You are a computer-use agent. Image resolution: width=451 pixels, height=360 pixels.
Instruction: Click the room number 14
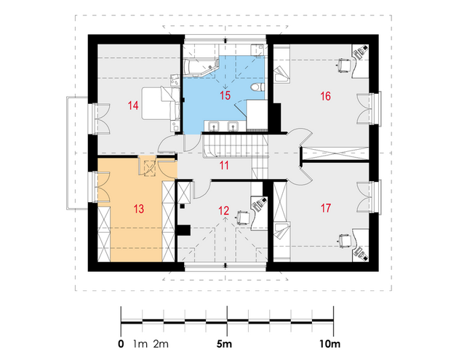point(133,105)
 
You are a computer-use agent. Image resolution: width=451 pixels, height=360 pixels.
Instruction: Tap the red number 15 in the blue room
point(225,95)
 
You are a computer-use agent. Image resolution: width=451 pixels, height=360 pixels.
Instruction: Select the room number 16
point(326,96)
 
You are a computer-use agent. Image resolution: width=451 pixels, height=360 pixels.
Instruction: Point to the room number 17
point(326,208)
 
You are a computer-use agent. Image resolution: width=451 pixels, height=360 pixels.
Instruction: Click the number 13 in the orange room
point(139,209)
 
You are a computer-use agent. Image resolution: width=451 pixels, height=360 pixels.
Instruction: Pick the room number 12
point(224,211)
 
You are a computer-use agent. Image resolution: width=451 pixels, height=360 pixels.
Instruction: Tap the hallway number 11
point(224,165)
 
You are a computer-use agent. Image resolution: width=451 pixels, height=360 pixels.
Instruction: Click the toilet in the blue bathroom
point(258,87)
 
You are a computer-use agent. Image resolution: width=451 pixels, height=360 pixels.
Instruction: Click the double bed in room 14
point(161,103)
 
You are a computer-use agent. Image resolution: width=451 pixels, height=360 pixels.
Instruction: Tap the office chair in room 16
point(344,65)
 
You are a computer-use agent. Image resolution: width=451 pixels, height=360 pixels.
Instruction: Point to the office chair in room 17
point(344,241)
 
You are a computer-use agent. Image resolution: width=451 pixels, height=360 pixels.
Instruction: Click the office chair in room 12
point(243,217)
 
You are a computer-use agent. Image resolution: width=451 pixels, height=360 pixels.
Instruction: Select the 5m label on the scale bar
point(224,344)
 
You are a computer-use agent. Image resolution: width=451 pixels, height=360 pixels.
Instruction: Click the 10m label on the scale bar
point(330,344)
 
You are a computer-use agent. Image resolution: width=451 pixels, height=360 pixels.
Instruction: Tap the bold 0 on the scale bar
point(121,344)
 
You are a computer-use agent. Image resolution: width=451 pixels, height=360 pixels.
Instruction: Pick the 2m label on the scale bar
point(161,344)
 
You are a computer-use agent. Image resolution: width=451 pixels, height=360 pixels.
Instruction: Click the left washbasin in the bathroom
point(213,126)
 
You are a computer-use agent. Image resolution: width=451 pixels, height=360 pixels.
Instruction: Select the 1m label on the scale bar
point(140,344)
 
